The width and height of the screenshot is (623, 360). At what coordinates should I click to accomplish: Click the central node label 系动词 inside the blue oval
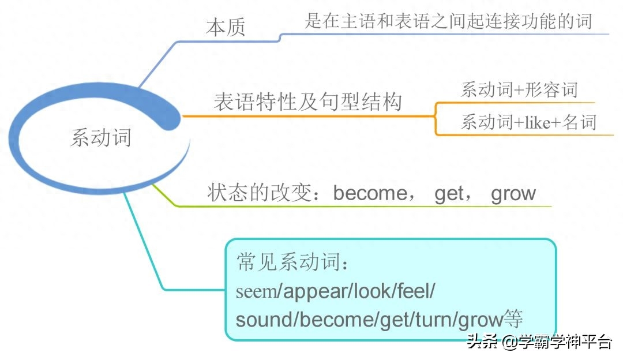pos(101,137)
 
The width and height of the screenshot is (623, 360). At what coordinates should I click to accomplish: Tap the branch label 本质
pos(226,28)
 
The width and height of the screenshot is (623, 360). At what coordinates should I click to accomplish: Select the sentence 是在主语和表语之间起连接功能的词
pos(449,21)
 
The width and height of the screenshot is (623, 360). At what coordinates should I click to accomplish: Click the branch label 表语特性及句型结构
pos(308,102)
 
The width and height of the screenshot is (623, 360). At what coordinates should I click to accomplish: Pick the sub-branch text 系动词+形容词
pos(519,90)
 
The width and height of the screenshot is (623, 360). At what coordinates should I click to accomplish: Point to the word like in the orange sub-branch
pos(538,122)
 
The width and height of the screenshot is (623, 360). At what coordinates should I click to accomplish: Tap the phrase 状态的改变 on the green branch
pos(259,193)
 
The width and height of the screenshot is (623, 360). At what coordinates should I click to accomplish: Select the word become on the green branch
pos(370,193)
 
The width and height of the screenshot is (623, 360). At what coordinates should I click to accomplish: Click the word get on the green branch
pos(449,194)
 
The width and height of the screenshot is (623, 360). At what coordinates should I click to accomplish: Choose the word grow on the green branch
pos(513,194)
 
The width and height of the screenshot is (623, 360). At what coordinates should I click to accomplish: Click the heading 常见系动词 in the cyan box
pos(288,262)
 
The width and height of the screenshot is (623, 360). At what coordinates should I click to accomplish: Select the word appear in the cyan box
pos(315,292)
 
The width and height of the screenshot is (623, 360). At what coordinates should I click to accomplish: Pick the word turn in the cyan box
pos(433,320)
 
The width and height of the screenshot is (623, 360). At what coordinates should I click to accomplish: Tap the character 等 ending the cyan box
pos(513,318)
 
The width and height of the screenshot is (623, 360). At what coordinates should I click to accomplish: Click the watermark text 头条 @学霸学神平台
pos(539,342)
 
